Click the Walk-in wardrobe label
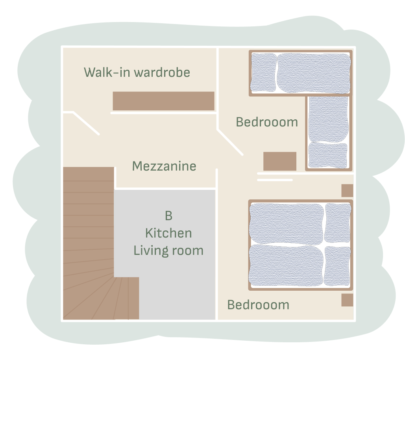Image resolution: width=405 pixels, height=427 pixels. coord(137,72)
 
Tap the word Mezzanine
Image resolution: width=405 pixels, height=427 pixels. coord(164,166)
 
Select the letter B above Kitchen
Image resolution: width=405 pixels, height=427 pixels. coord(169,216)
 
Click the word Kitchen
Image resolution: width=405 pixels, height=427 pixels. coord(168,233)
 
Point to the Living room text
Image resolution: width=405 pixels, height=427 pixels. coord(168,251)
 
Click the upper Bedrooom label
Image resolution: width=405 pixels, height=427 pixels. coord(267,122)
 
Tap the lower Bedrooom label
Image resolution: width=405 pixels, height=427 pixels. coord(258,305)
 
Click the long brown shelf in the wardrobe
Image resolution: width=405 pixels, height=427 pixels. coord(164,101)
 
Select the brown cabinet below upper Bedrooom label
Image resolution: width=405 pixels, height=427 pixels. coord(280,161)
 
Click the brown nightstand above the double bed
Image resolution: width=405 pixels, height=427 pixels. coord(347,190)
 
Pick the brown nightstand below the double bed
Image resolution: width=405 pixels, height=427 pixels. coord(347,300)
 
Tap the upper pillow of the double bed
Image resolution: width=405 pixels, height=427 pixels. coord(338,223)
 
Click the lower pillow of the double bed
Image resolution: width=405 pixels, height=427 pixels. coord(338,266)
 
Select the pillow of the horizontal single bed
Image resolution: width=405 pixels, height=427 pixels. coord(263,72)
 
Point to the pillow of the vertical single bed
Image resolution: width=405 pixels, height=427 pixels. coord(328,155)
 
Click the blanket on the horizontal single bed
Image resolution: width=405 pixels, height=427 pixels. coord(314,73)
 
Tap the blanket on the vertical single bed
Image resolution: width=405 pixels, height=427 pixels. coord(329,119)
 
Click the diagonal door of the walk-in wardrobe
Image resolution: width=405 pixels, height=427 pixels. coord(86,123)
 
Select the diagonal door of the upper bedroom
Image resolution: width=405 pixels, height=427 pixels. coord(230,143)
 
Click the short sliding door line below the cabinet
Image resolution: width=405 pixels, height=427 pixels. coord(275,180)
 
